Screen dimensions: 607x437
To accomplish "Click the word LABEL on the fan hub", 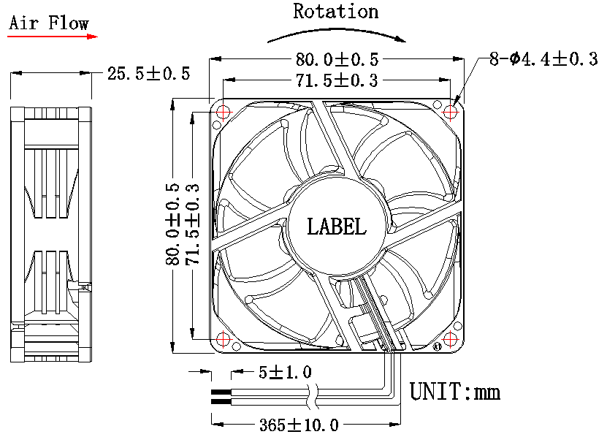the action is tap(337, 227).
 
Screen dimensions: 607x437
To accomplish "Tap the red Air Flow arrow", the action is tap(53, 37).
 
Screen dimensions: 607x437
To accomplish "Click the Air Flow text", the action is tap(49, 23).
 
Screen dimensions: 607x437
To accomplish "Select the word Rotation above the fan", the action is tap(335, 11).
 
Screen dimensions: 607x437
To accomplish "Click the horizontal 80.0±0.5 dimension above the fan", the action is tap(337, 59).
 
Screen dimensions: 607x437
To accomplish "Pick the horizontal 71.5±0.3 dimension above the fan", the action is tap(337, 80).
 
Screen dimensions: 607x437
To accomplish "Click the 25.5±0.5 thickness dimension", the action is tap(149, 73).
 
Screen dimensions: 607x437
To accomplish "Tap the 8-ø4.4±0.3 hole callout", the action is tap(543, 59).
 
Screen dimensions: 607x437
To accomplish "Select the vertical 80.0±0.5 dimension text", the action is tap(172, 224).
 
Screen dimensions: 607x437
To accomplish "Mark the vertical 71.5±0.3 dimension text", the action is tap(192, 224).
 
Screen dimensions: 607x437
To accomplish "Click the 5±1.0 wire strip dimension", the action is tap(286, 372).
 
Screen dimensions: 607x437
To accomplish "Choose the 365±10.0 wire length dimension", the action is tap(299, 425).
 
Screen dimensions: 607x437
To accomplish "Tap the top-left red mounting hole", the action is tap(224, 113).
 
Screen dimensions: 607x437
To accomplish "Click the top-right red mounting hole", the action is tap(450, 113).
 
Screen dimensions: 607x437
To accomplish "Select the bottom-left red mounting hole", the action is tap(224, 339).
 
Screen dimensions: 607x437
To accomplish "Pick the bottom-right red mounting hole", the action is tap(450, 339).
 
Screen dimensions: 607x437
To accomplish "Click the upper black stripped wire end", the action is tap(221, 392).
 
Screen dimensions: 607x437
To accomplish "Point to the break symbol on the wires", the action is tap(313, 396).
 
